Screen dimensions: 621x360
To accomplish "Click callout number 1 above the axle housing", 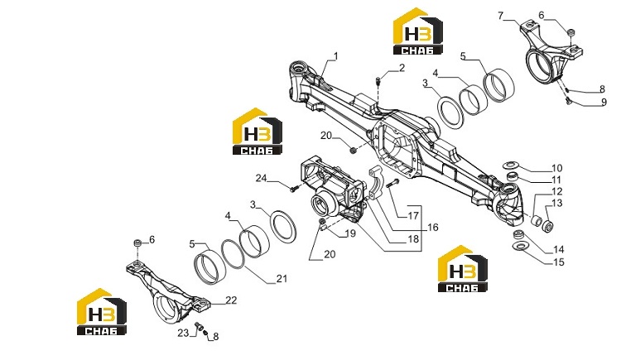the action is pyautogui.click(x=336, y=56).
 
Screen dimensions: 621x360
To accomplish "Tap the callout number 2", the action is pyautogui.click(x=402, y=68).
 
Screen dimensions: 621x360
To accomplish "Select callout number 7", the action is pyautogui.click(x=501, y=16).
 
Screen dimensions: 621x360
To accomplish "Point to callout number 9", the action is pyautogui.click(x=604, y=102).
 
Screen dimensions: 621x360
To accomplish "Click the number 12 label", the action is pyautogui.click(x=557, y=191).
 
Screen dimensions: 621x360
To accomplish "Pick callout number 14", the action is pyautogui.click(x=558, y=249).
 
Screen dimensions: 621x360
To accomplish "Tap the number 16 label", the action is pyautogui.click(x=433, y=227).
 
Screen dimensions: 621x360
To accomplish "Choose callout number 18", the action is pyautogui.click(x=413, y=239).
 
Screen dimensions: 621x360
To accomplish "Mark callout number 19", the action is pyautogui.click(x=350, y=233).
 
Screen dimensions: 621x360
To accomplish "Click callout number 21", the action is pyautogui.click(x=282, y=279).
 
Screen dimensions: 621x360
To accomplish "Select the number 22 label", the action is pyautogui.click(x=231, y=300).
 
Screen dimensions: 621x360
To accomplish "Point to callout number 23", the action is pyautogui.click(x=183, y=333).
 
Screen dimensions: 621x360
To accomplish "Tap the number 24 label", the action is pyautogui.click(x=261, y=178).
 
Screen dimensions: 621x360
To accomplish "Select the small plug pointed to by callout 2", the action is pyautogui.click(x=378, y=81).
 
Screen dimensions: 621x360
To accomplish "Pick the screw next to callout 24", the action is pyautogui.click(x=294, y=189).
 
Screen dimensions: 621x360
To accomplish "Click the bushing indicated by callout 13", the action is pyautogui.click(x=548, y=227).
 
